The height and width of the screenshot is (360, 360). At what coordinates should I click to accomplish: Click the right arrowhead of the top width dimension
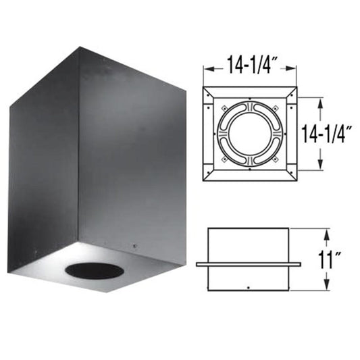294,68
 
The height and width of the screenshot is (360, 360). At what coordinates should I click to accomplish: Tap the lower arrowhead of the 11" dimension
326,286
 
